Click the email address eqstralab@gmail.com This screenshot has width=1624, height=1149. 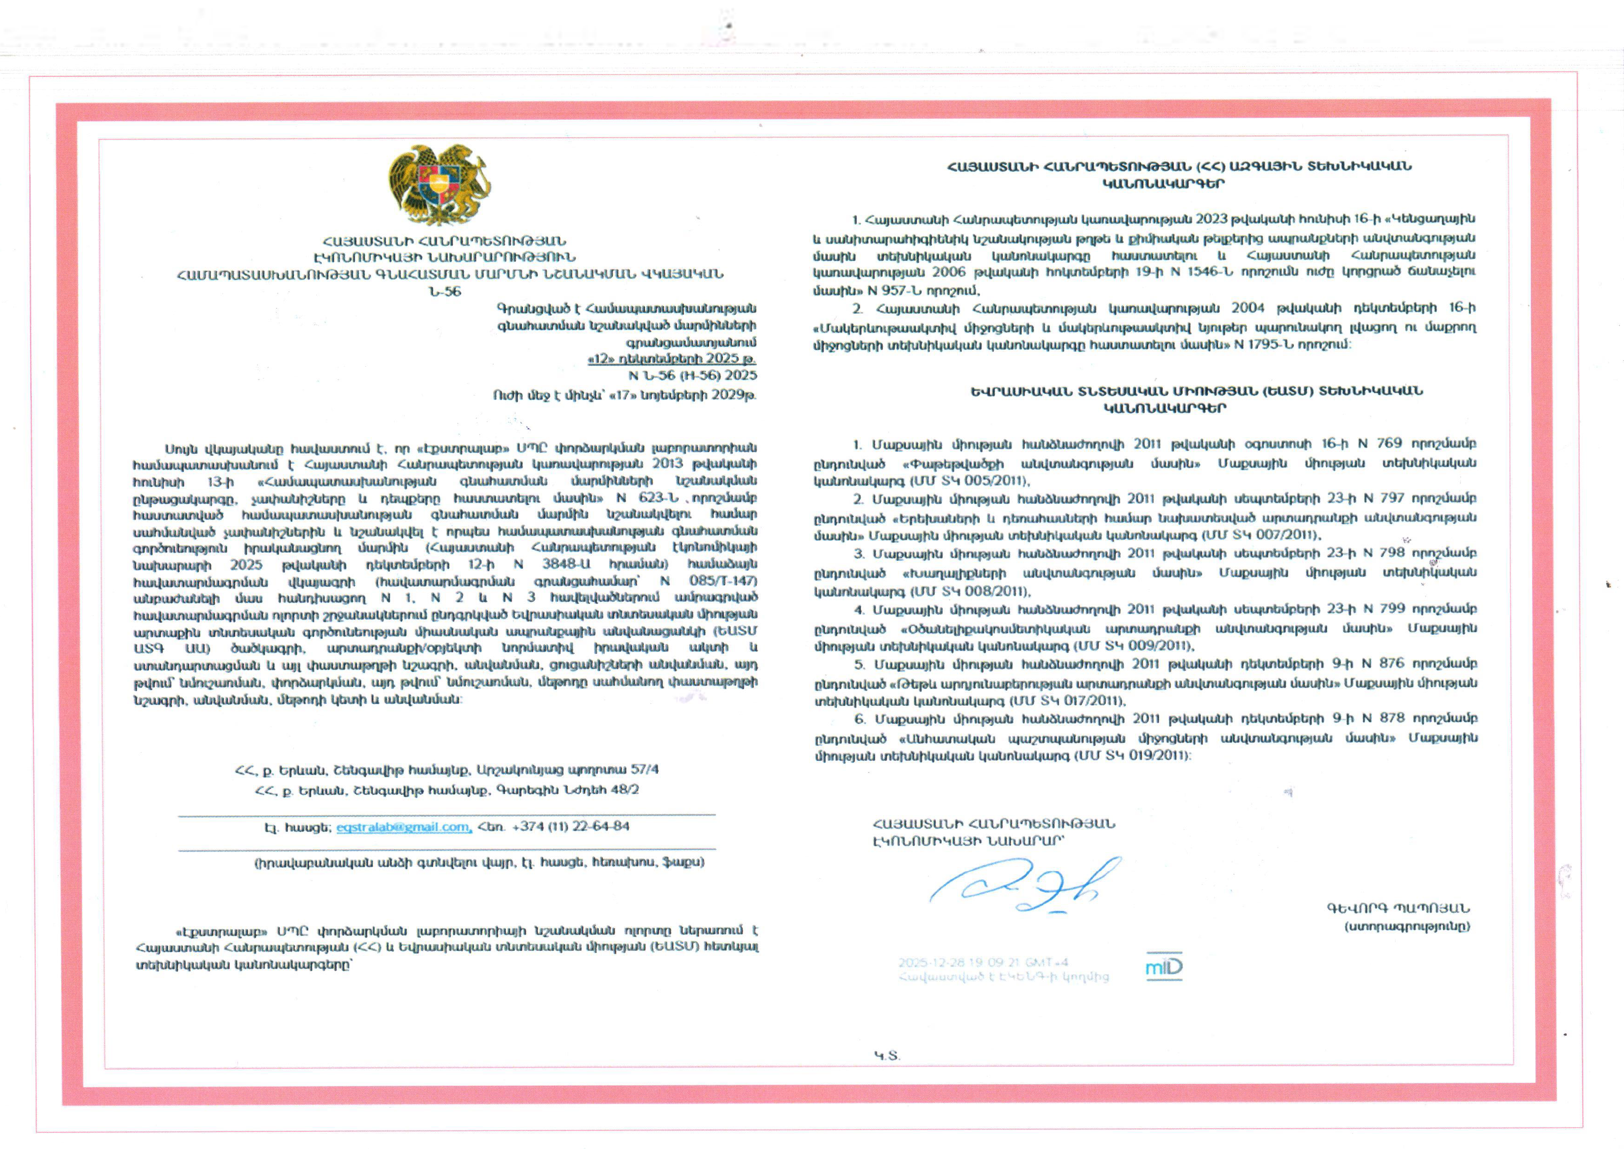point(403,826)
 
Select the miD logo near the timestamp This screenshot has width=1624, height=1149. point(1164,967)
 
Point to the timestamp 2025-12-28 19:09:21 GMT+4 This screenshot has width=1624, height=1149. point(983,962)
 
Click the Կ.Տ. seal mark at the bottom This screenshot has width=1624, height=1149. point(887,1055)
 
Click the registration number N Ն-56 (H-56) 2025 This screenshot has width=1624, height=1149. point(692,376)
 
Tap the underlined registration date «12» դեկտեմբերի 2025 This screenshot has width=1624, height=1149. point(671,359)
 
